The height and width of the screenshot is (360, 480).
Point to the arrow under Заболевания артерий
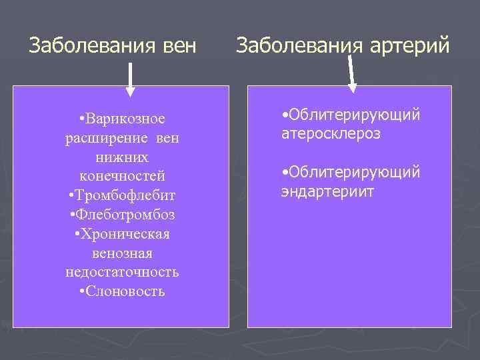click(x=351, y=73)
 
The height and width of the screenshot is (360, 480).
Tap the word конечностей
click(x=122, y=177)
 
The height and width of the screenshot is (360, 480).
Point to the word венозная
click(x=122, y=254)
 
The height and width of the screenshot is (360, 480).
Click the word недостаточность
click(x=122, y=273)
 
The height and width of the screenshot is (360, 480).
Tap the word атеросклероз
click(x=331, y=134)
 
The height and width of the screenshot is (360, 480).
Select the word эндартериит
click(x=328, y=192)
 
